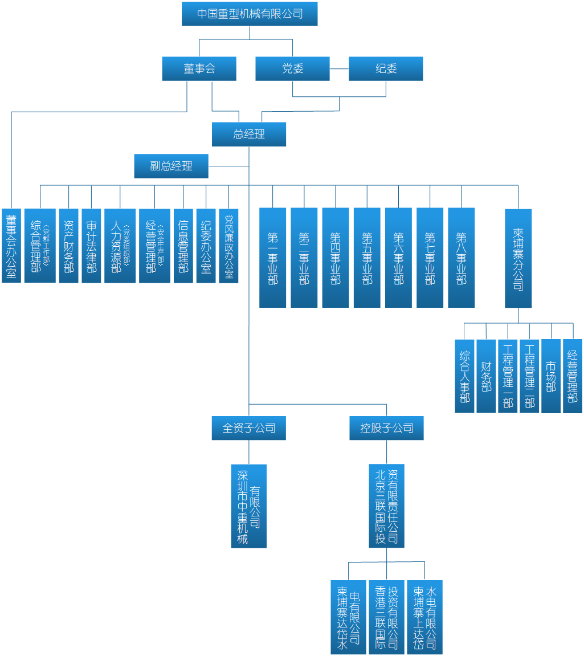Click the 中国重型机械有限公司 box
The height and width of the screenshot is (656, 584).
250,14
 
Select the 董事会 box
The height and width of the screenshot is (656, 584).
199,68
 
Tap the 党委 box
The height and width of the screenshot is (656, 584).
292,68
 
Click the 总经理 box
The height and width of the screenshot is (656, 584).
249,135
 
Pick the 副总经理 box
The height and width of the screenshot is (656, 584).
171,166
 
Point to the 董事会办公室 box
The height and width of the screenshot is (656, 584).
11,246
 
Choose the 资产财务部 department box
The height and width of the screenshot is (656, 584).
69,246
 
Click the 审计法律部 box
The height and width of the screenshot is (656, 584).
92,246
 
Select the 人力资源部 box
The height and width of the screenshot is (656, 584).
120,246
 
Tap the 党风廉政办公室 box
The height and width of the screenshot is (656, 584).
229,246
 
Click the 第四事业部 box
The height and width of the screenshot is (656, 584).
336,258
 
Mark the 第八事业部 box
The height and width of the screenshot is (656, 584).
462,258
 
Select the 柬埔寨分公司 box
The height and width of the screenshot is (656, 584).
518,258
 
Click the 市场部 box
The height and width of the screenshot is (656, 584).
551,376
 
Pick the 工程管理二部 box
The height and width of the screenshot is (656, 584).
530,376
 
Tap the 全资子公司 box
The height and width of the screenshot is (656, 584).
249,428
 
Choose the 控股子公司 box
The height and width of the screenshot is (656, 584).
387,428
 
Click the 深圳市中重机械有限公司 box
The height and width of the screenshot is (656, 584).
249,506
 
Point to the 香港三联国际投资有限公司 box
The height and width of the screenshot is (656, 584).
387,617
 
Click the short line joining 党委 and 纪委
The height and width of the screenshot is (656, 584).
339,69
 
